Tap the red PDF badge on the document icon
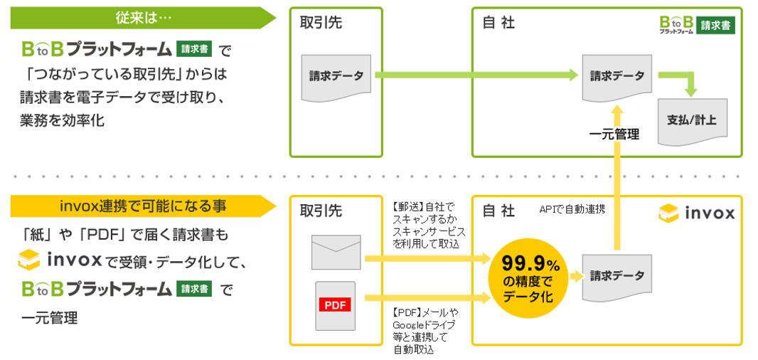pos(334,305)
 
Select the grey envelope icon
pos(336,252)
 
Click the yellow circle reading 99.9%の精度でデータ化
pos(530,279)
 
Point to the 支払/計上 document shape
pos(693,121)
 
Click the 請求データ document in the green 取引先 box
pos(336,75)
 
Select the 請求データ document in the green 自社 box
pos(616,75)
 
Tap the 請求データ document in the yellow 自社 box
pos(616,276)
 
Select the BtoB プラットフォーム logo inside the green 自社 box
pos(697,25)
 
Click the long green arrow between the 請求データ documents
pos(477,75)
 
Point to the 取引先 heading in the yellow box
pos(321,211)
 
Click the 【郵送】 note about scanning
pos(425,226)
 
